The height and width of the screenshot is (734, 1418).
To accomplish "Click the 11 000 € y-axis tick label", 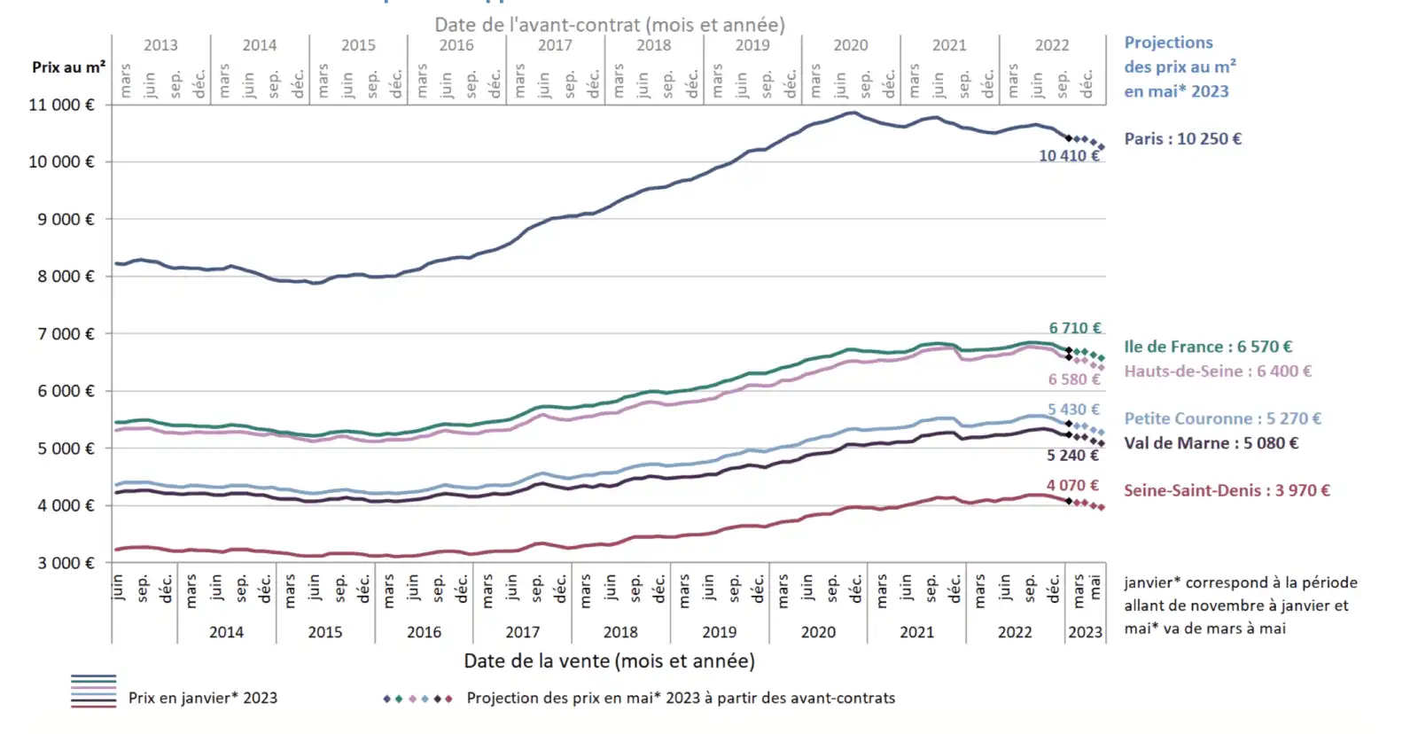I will [x=61, y=105].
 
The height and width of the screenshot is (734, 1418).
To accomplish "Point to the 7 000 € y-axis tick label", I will [x=66, y=334].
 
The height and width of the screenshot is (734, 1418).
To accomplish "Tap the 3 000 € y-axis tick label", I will [x=66, y=563].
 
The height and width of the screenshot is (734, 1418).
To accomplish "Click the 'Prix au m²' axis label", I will [x=68, y=67].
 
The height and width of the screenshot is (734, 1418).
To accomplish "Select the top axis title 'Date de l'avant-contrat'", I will [x=609, y=25].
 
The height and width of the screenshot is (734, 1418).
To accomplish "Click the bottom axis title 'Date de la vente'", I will [x=609, y=660].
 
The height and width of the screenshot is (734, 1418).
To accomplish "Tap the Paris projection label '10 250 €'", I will [x=1182, y=139].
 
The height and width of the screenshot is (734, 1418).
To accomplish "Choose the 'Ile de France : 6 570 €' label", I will [x=1208, y=347].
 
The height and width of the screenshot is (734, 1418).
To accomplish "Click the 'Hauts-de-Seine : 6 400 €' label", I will [x=1218, y=371].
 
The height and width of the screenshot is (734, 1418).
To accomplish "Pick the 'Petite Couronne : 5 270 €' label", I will [x=1222, y=418].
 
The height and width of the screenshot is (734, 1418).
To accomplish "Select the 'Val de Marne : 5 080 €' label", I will [x=1211, y=443].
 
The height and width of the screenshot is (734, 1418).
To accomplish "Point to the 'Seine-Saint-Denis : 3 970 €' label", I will [x=1227, y=490].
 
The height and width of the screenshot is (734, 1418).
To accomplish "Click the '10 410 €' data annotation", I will [x=1069, y=156].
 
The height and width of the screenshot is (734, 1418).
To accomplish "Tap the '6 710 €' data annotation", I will [x=1074, y=328].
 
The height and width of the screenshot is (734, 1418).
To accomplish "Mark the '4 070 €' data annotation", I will [x=1072, y=486].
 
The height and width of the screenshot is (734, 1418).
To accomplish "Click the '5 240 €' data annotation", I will [x=1072, y=456].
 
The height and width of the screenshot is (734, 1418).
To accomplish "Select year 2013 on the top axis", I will [x=160, y=45].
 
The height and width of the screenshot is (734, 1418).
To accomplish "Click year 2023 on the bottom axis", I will [x=1085, y=632].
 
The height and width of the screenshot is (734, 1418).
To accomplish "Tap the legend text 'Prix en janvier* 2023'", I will [x=202, y=698].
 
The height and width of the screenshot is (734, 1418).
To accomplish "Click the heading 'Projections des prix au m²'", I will [x=1179, y=66].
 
